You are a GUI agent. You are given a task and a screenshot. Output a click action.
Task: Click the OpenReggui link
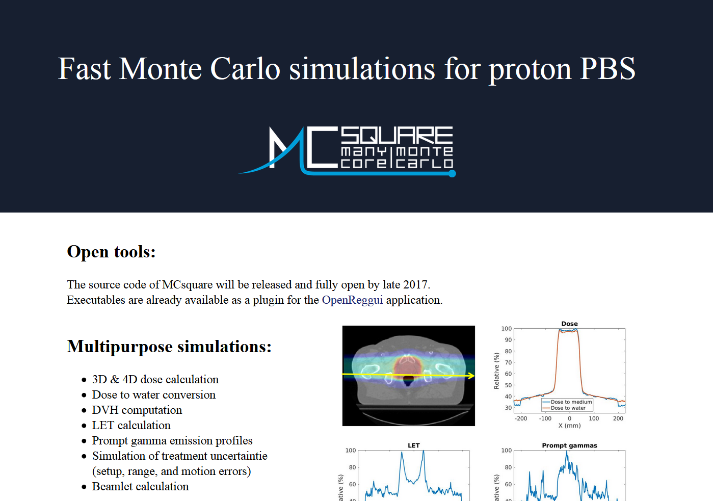point(352,300)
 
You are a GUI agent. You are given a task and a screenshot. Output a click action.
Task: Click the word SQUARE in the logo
point(397,135)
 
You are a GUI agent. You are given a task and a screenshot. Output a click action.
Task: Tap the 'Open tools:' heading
point(111,252)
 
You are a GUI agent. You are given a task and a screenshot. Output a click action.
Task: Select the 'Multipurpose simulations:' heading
point(169,347)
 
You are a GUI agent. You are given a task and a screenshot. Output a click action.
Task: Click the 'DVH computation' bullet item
point(137,410)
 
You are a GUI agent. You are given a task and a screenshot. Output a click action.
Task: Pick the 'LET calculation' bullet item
point(131,425)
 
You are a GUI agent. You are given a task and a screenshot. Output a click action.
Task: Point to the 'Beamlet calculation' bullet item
point(140,486)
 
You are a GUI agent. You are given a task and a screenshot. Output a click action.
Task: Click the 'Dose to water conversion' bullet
point(154,394)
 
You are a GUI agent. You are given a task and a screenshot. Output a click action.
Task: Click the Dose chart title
point(569,324)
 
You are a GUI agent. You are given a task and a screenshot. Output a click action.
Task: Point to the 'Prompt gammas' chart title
point(569,445)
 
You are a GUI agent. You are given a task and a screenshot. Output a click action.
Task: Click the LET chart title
point(413,445)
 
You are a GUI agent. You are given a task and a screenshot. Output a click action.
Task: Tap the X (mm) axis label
point(569,426)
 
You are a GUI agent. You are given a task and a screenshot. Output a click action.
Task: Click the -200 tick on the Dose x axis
point(521,418)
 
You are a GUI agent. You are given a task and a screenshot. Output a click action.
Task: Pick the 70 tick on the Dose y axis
point(508,362)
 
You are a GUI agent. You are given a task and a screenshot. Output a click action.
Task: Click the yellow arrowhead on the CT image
point(471,376)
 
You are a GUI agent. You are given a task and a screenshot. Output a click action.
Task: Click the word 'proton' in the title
point(531,69)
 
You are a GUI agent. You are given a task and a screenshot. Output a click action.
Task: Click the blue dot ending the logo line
point(452,173)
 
